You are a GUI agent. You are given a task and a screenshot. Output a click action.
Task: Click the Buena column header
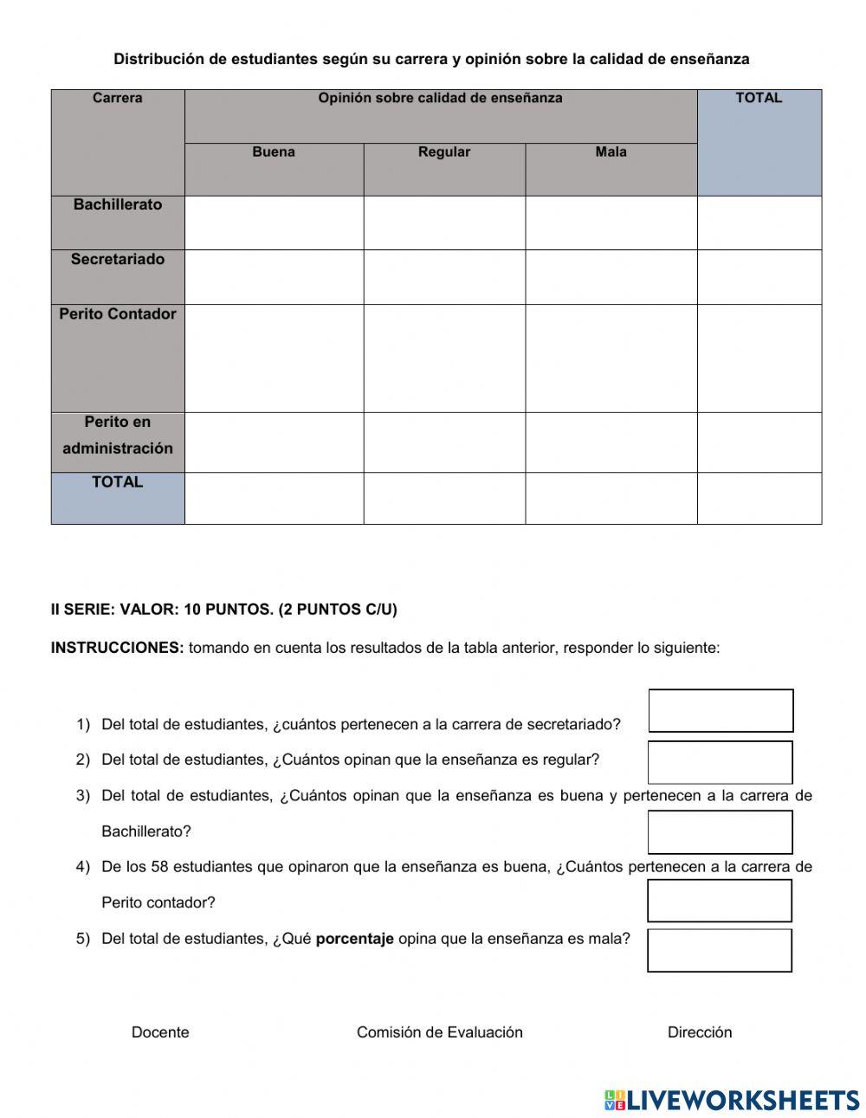coord(274,152)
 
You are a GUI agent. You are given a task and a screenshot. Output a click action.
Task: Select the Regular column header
coord(444,152)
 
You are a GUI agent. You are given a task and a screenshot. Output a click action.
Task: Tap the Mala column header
coord(611,152)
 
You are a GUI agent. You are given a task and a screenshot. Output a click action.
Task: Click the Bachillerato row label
coord(118,205)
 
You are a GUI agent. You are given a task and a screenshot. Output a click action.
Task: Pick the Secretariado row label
coord(118,260)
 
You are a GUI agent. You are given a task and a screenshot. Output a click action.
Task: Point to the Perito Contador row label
coord(118,314)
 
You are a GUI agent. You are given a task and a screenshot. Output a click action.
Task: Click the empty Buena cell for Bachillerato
coord(274,223)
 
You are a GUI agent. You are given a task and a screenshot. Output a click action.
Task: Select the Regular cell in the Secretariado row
coord(444,277)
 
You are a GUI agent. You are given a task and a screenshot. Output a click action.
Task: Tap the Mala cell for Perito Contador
coord(611,359)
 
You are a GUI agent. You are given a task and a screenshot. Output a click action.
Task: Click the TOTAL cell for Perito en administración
coord(759,443)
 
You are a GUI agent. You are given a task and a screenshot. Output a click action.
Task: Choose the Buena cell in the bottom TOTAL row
coord(274,498)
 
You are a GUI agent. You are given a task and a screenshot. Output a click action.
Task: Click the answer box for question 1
coord(721,711)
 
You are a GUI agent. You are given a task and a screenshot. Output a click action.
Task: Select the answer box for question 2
coord(720,763)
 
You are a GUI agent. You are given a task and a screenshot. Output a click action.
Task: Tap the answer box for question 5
coord(719,951)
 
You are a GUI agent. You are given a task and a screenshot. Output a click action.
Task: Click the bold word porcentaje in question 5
coord(354,939)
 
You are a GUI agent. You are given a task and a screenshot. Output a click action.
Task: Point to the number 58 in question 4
coord(159,867)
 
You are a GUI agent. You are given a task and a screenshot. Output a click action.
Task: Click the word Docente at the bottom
coord(160,1032)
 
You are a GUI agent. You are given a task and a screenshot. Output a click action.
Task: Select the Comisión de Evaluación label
coord(440,1032)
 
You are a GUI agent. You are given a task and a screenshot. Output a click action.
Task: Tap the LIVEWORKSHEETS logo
coord(732,1100)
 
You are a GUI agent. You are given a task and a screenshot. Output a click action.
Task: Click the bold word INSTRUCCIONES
coord(118,648)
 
